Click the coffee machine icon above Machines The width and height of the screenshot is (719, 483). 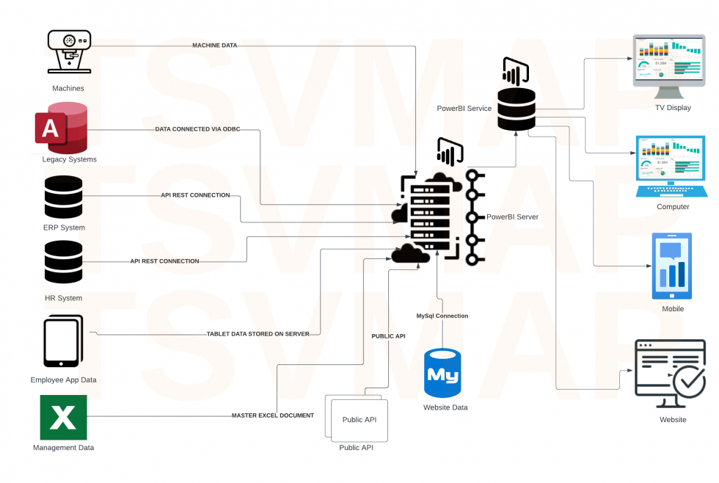click(x=69, y=51)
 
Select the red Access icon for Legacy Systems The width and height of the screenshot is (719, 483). click(x=61, y=128)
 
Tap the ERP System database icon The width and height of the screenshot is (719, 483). click(x=63, y=197)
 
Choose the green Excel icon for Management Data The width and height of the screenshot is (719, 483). click(x=63, y=418)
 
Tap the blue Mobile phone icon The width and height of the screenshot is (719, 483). click(x=672, y=266)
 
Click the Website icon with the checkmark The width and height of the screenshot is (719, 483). click(x=670, y=373)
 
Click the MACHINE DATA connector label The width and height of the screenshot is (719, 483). click(x=214, y=46)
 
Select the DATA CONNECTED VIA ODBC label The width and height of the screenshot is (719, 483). click(x=197, y=129)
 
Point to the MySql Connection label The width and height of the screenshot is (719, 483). click(x=442, y=316)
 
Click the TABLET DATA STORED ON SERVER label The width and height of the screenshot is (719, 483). click(x=258, y=333)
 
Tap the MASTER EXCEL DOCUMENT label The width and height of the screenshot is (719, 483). click(x=273, y=415)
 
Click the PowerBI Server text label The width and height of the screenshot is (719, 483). click(x=512, y=217)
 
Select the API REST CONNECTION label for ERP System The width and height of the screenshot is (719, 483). click(x=195, y=195)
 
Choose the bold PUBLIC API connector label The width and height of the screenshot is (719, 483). click(x=389, y=335)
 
